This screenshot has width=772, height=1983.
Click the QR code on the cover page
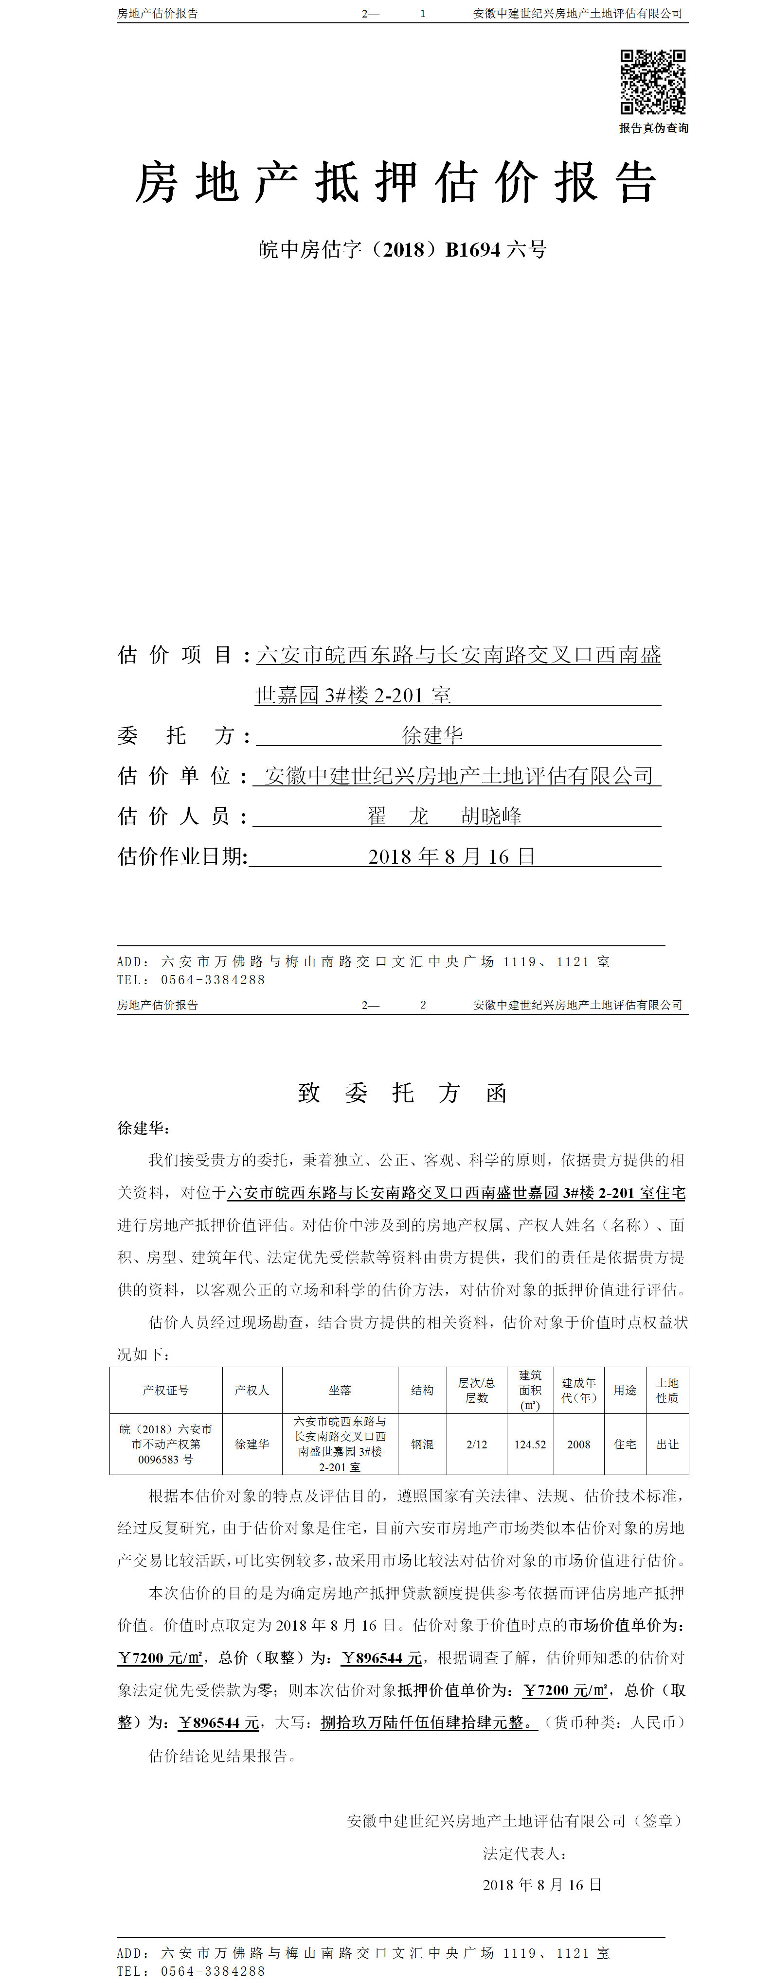[x=653, y=82]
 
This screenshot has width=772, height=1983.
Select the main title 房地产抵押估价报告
[x=396, y=183]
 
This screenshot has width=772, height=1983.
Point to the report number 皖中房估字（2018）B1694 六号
[x=402, y=249]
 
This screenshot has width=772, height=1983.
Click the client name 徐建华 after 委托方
[x=432, y=735]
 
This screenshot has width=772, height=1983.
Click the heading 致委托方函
[x=402, y=1092]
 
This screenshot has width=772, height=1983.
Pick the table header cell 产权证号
[x=166, y=1390]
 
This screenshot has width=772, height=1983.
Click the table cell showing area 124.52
[x=530, y=1444]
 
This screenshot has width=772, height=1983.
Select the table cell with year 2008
[x=578, y=1444]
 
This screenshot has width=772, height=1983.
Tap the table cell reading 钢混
[x=422, y=1444]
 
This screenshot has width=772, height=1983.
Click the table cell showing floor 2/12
[x=476, y=1444]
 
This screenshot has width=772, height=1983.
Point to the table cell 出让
[x=667, y=1444]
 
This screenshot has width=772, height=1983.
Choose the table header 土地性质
[x=667, y=1390]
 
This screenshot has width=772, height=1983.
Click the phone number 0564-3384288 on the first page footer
[x=213, y=980]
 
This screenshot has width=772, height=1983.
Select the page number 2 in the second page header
[x=423, y=1005]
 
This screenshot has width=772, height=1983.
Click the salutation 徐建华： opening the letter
[x=144, y=1128]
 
